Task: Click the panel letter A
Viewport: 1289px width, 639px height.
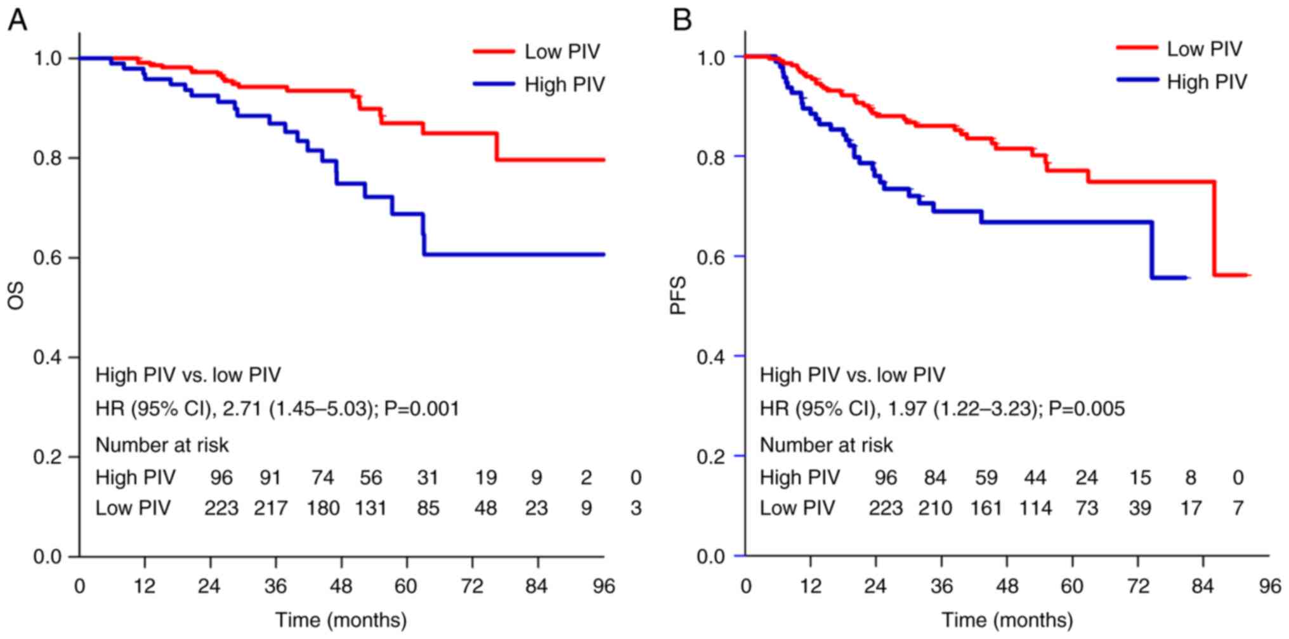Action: (17, 20)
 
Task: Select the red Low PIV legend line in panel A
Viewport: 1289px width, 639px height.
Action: (494, 51)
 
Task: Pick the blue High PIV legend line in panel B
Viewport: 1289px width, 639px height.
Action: (1136, 81)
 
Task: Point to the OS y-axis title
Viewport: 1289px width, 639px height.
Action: (16, 296)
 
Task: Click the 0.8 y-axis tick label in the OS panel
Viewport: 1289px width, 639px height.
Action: (48, 158)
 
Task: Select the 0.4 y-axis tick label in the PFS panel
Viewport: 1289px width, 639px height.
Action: (712, 357)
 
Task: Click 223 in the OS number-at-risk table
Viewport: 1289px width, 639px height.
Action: (221, 508)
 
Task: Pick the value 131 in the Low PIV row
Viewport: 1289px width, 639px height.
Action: (370, 508)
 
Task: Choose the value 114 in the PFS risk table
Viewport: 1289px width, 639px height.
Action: (1035, 508)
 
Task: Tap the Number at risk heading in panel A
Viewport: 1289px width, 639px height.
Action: (162, 445)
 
